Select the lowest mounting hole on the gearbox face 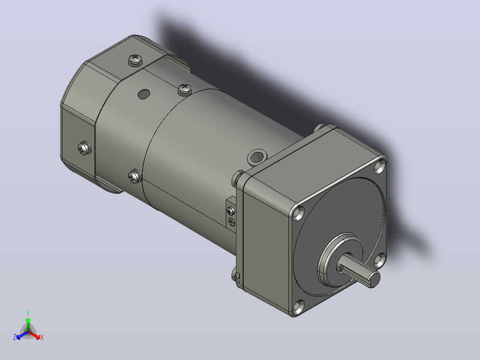(x=298, y=307)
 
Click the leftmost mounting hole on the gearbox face (x=298, y=213)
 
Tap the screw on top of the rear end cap (x=135, y=59)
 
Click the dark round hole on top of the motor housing (x=144, y=94)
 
